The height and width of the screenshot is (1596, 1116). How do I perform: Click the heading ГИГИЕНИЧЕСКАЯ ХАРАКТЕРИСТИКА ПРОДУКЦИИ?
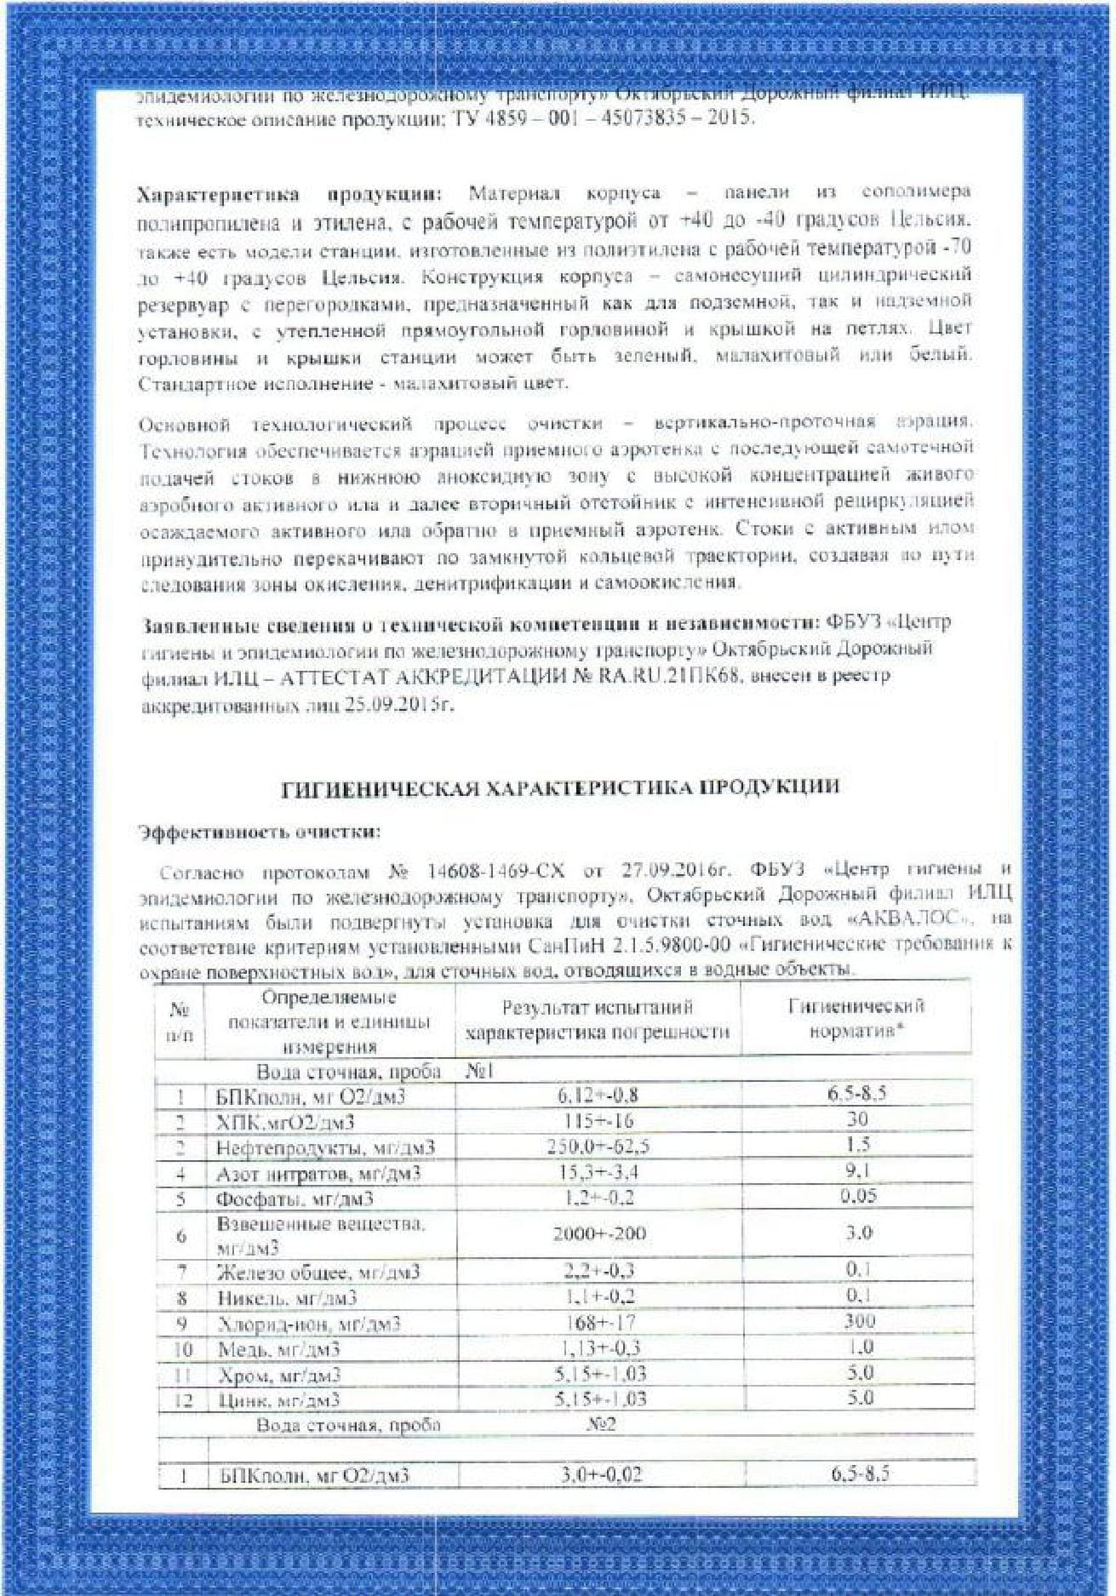(560, 787)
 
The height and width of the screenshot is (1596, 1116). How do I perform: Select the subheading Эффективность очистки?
(259, 832)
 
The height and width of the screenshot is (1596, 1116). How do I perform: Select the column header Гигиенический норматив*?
(856, 1018)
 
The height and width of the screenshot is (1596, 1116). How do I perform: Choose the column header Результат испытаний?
(598, 1008)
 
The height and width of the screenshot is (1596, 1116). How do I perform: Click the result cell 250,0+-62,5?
(598, 1147)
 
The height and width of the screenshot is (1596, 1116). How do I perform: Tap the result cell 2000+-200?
(598, 1233)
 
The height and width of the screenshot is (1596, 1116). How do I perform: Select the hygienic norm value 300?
(859, 1321)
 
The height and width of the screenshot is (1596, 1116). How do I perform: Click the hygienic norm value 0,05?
(858, 1196)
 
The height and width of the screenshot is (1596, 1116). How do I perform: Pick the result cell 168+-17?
(599, 1323)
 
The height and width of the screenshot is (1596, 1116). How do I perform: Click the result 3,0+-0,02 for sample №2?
(601, 1474)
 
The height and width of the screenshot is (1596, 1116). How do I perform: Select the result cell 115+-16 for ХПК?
(598, 1121)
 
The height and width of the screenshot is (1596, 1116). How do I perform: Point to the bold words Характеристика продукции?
(289, 194)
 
